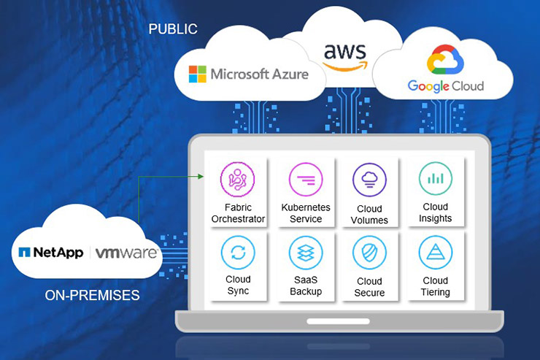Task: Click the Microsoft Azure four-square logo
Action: pyautogui.click(x=198, y=74)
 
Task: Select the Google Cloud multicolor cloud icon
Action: pyautogui.click(x=445, y=60)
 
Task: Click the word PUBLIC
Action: pyautogui.click(x=173, y=29)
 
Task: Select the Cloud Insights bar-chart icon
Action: pyautogui.click(x=436, y=179)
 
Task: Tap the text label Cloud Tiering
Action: pyautogui.click(x=436, y=286)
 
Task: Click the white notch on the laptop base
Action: pyautogui.click(x=338, y=321)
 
